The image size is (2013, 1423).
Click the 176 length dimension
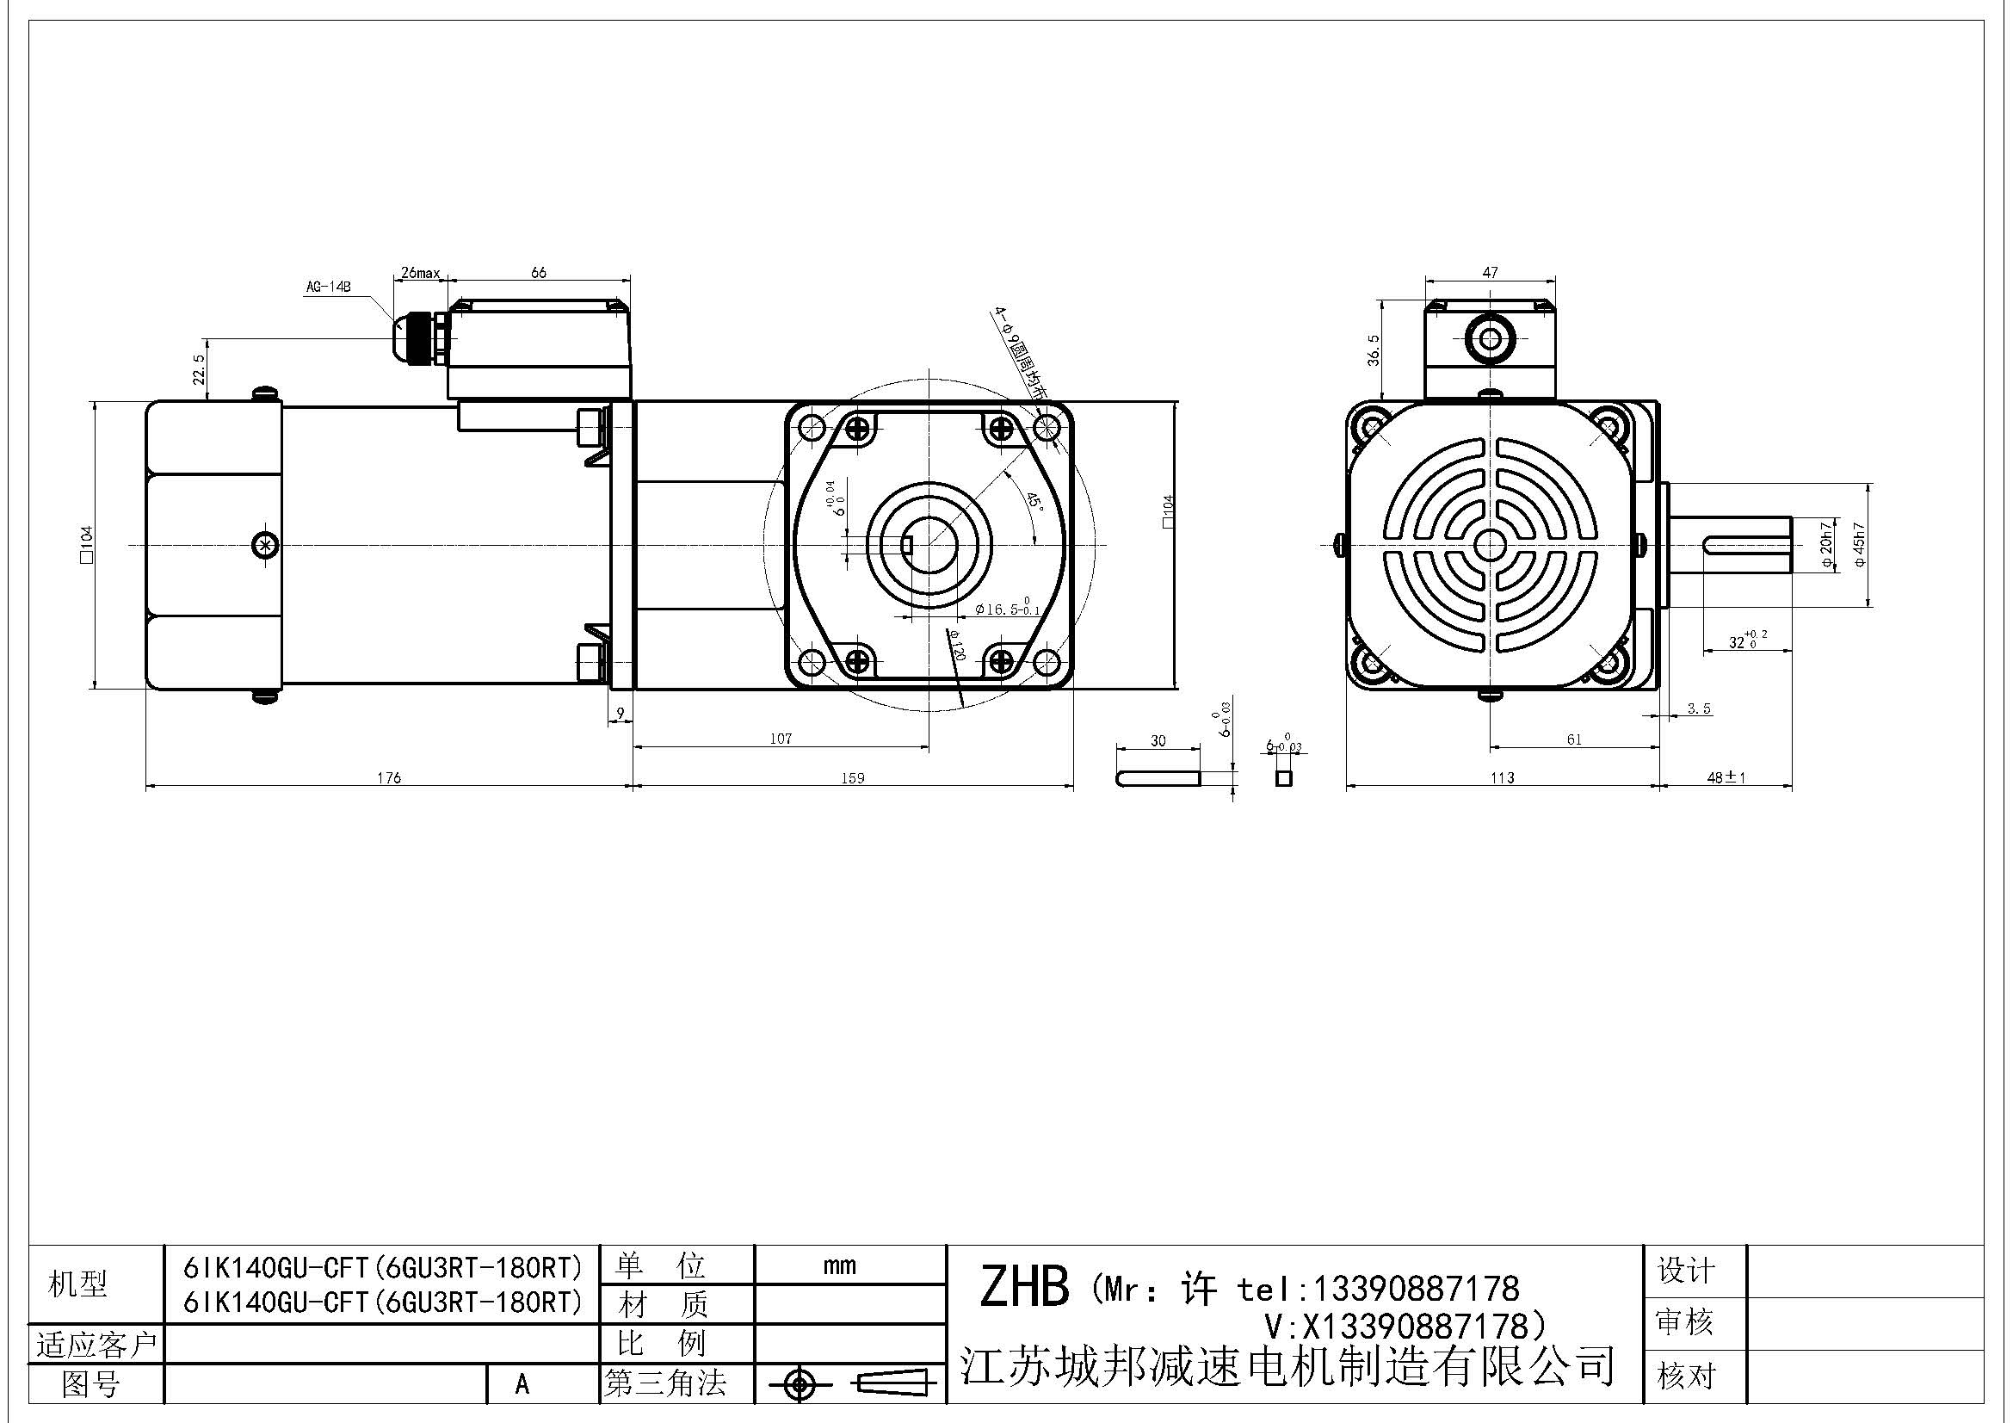pos(388,777)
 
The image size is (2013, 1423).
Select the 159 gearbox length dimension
pos(852,777)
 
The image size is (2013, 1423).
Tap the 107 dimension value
pos(781,739)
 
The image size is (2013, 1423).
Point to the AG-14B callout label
pos(328,286)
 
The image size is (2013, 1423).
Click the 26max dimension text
pos(420,273)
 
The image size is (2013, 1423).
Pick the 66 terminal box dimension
pos(538,273)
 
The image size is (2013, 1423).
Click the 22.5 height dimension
pos(199,369)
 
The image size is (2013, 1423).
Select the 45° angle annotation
pos(1034,503)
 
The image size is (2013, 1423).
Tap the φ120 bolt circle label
pos(954,647)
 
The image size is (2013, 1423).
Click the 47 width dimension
pos(1490,273)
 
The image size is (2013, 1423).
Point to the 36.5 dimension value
pos(1373,350)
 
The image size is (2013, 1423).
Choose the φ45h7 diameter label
pos(1860,545)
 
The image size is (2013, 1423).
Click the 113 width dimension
pos(1502,777)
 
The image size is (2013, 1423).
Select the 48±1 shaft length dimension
pos(1726,777)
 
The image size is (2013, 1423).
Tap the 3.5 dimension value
pos(1699,708)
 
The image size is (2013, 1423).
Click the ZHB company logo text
pos(1024,1287)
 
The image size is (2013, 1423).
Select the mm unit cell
pos(839,1265)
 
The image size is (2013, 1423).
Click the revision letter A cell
pos(522,1384)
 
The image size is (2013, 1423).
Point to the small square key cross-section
pos(1284,777)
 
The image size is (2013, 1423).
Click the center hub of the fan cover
pos(1489,545)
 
